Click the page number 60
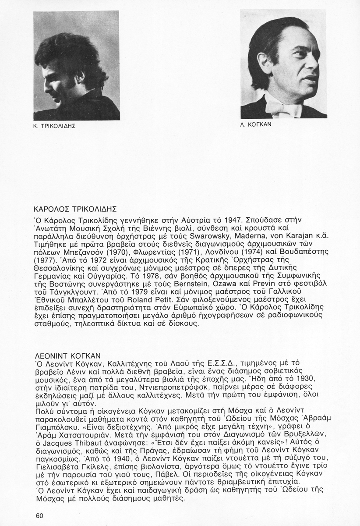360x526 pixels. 40,515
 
